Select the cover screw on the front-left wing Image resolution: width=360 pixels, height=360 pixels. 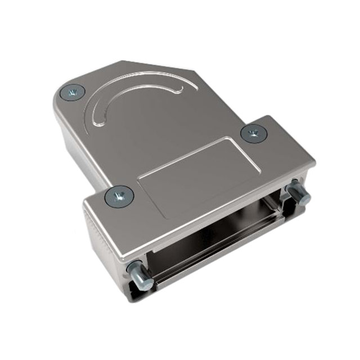(119, 196)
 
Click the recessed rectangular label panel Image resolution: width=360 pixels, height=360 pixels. (194, 172)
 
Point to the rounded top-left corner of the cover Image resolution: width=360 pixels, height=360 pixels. (60, 96)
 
